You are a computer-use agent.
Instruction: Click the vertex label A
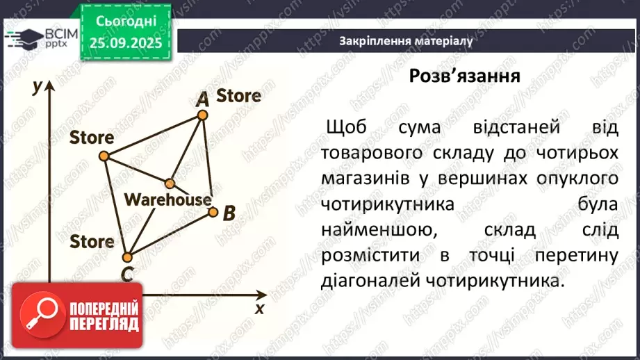pyautogui.click(x=202, y=99)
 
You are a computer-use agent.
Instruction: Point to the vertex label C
pyautogui.click(x=126, y=274)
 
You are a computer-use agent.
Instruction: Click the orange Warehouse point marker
pyautogui.click(x=170, y=183)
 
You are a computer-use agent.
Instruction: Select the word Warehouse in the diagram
pyautogui.click(x=167, y=199)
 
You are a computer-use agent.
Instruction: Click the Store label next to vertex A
pyautogui.click(x=238, y=95)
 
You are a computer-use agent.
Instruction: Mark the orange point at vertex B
pyautogui.click(x=213, y=209)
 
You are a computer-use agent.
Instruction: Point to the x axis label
pyautogui.click(x=260, y=307)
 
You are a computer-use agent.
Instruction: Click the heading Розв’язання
pyautogui.click(x=465, y=76)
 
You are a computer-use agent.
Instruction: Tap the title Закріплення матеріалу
pyautogui.click(x=407, y=41)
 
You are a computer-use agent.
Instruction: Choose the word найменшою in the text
pyautogui.click(x=372, y=229)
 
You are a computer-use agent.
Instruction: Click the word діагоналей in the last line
pyautogui.click(x=368, y=281)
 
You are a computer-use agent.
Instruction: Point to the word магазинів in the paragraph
pyautogui.click(x=366, y=179)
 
